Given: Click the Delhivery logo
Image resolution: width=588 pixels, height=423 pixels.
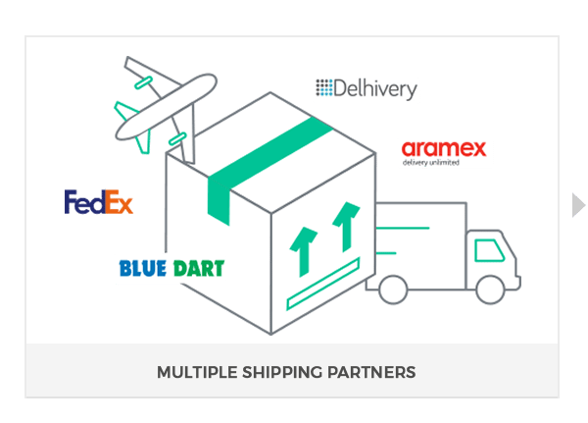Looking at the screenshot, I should coord(367,89).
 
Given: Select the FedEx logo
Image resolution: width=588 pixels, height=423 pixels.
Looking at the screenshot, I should coord(99,201).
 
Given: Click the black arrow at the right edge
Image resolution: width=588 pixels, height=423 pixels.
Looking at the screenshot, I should coord(578,204).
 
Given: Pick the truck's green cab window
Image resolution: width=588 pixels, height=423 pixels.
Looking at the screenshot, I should coord(489,250).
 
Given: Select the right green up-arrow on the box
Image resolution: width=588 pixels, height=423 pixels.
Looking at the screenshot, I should coord(343,227).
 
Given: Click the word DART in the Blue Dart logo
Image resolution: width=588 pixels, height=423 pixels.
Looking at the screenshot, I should coord(199,267).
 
